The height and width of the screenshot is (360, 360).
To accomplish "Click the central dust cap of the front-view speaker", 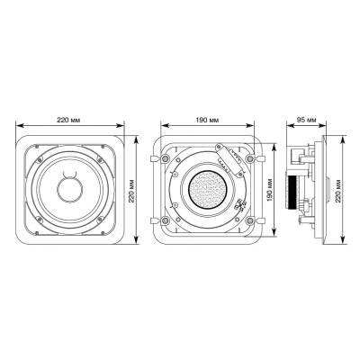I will click(69, 190).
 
